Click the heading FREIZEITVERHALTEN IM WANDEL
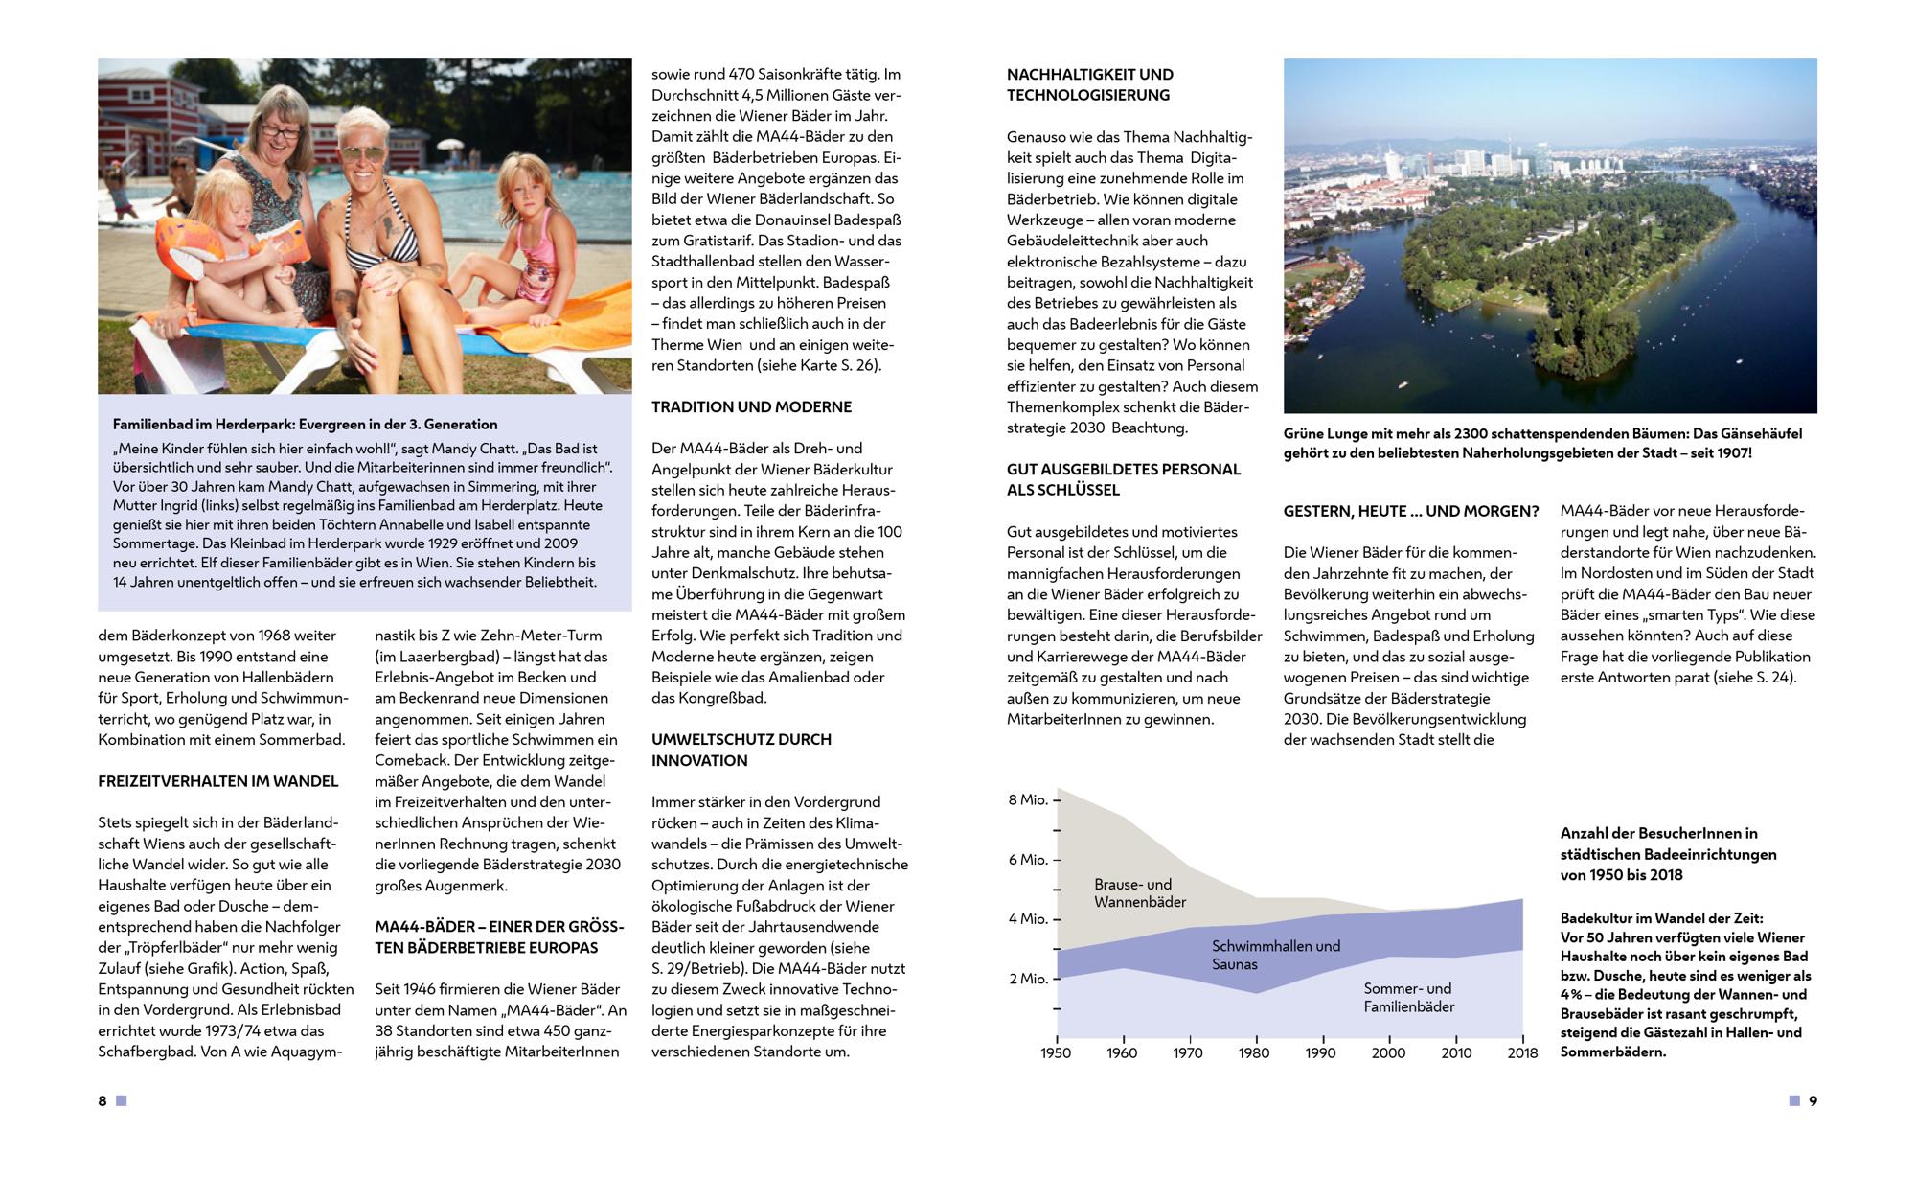point(218,781)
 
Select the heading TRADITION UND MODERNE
point(751,406)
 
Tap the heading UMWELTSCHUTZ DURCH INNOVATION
point(741,750)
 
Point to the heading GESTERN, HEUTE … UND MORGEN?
point(1411,511)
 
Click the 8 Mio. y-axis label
point(1028,799)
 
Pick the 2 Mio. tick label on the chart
point(1028,979)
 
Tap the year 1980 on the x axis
point(1254,1052)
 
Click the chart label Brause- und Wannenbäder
point(1140,892)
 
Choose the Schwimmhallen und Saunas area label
point(1275,955)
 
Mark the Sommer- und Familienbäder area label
point(1408,997)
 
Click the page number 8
point(103,1100)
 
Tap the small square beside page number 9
point(1794,1100)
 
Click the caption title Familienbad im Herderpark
point(305,424)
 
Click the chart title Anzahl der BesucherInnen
point(1668,853)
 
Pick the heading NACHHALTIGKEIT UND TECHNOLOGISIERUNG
point(1089,84)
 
